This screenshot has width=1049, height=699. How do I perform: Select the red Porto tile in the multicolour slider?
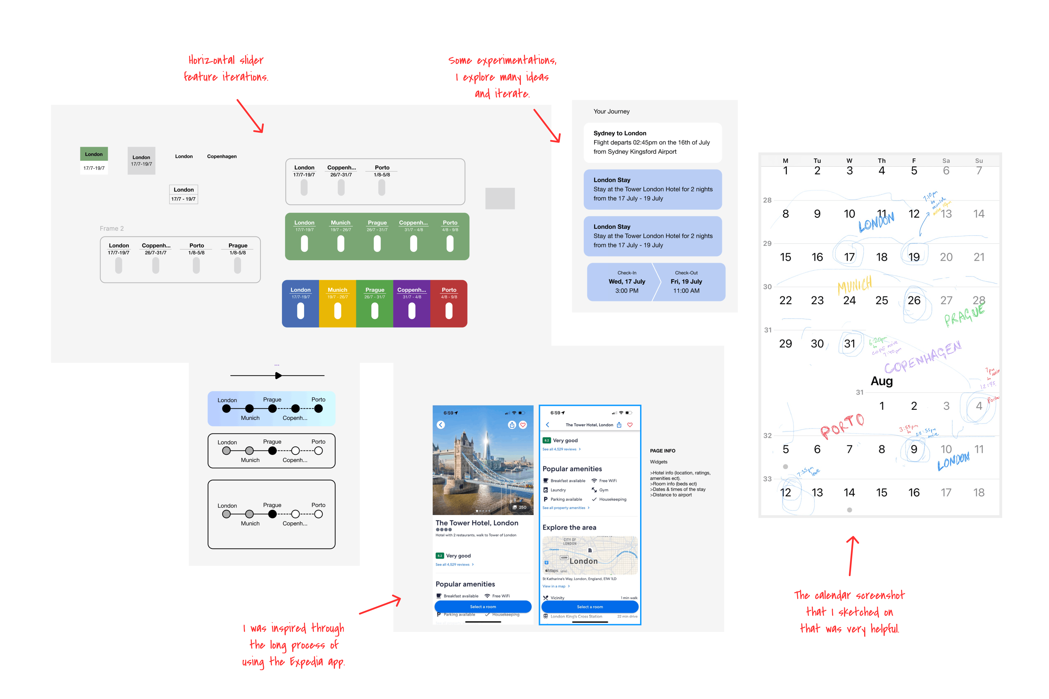pos(449,304)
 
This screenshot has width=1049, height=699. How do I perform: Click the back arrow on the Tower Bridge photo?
pos(441,425)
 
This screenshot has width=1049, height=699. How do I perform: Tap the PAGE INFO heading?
pos(662,451)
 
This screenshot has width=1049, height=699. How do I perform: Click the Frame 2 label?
pos(112,228)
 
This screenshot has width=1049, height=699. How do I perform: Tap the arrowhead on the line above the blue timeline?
pos(278,376)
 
